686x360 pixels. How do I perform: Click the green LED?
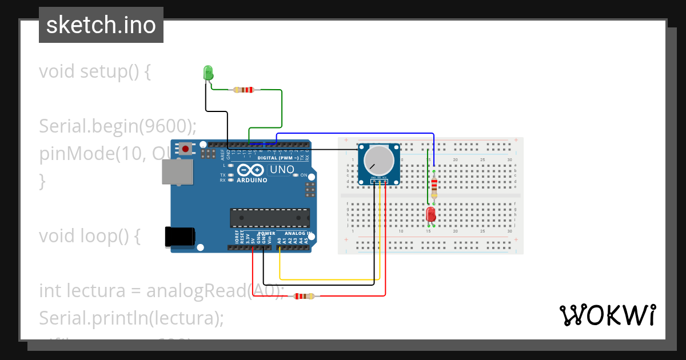(x=208, y=73)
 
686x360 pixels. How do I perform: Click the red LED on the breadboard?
(x=430, y=214)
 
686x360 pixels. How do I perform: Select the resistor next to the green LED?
(x=244, y=90)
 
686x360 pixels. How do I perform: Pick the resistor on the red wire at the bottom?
(x=304, y=296)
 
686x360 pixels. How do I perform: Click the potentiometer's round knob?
(x=378, y=160)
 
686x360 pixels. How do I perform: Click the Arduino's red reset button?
(x=186, y=149)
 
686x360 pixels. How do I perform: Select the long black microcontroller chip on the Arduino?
(x=270, y=218)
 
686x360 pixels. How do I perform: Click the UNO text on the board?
(x=281, y=170)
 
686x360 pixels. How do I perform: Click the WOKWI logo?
(x=607, y=315)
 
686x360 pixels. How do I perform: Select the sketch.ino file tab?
(x=101, y=25)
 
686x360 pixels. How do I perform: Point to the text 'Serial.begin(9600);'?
(x=118, y=126)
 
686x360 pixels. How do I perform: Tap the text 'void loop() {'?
(x=89, y=235)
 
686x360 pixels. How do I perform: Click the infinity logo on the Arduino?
(x=250, y=170)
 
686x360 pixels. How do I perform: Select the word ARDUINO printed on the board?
(x=252, y=180)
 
